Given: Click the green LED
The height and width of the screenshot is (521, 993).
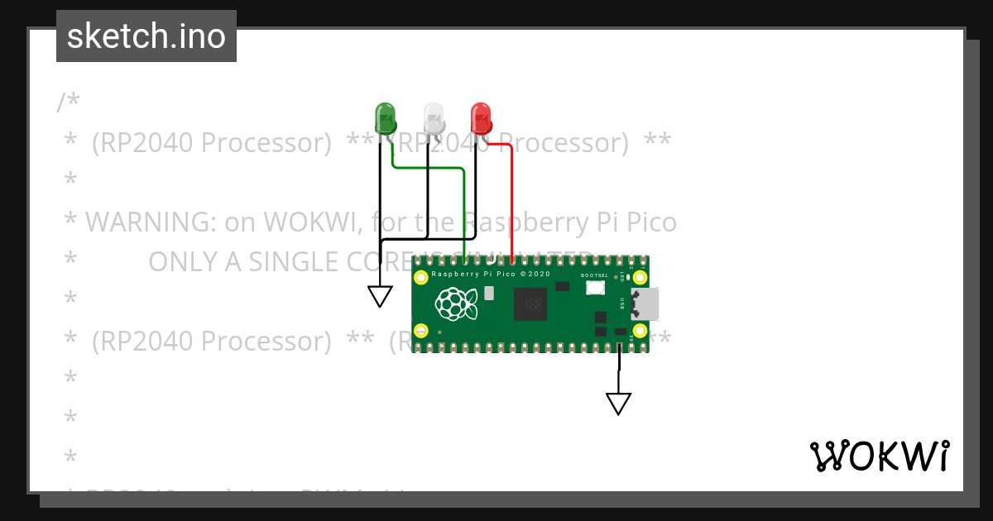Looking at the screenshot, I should (386, 117).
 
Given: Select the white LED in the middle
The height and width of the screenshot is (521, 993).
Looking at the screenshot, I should (434, 117).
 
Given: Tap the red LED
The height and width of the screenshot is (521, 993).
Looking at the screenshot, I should (481, 117).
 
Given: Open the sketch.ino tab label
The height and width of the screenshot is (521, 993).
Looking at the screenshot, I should (146, 36).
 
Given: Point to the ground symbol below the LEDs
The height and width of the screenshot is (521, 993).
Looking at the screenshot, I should (380, 296).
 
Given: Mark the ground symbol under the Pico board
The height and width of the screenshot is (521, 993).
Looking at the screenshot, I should (618, 403).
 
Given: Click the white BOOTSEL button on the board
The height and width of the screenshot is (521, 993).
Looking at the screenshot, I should (594, 288).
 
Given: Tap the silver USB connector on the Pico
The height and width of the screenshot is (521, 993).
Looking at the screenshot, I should (645, 304).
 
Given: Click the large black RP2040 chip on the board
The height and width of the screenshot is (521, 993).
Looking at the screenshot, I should (530, 304).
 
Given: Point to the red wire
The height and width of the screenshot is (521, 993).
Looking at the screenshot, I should (512, 198).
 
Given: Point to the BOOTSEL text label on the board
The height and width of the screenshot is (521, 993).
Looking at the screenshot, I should (594, 275).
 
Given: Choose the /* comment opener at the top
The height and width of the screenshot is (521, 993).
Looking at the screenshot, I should (69, 103).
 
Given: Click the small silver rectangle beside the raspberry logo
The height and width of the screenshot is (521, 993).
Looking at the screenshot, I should (489, 293).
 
